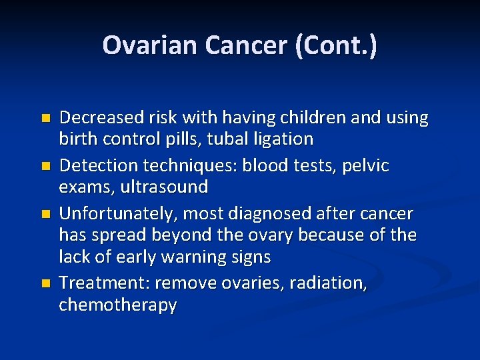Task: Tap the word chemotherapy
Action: click(118, 305)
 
